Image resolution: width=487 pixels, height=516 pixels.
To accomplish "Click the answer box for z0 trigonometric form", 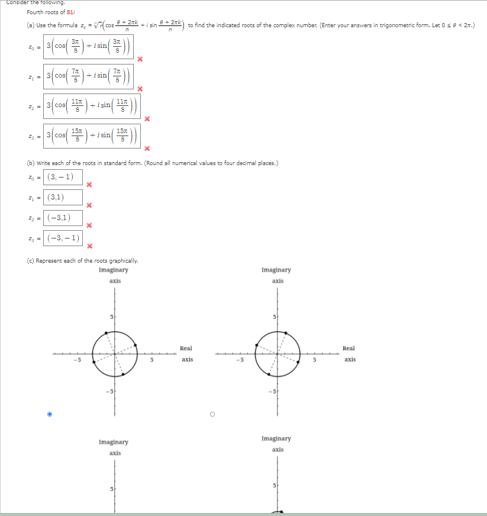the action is point(88,46).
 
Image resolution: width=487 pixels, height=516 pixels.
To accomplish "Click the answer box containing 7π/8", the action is point(88,76).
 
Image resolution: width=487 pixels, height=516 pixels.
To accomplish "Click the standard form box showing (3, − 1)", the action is point(62,177).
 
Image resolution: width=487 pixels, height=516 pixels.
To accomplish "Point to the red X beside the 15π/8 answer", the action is point(147,148).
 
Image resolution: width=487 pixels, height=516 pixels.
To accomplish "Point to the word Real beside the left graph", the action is point(187,349).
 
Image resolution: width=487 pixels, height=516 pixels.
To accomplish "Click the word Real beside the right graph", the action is point(349,349).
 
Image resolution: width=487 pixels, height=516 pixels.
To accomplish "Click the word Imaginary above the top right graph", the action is point(276,270).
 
